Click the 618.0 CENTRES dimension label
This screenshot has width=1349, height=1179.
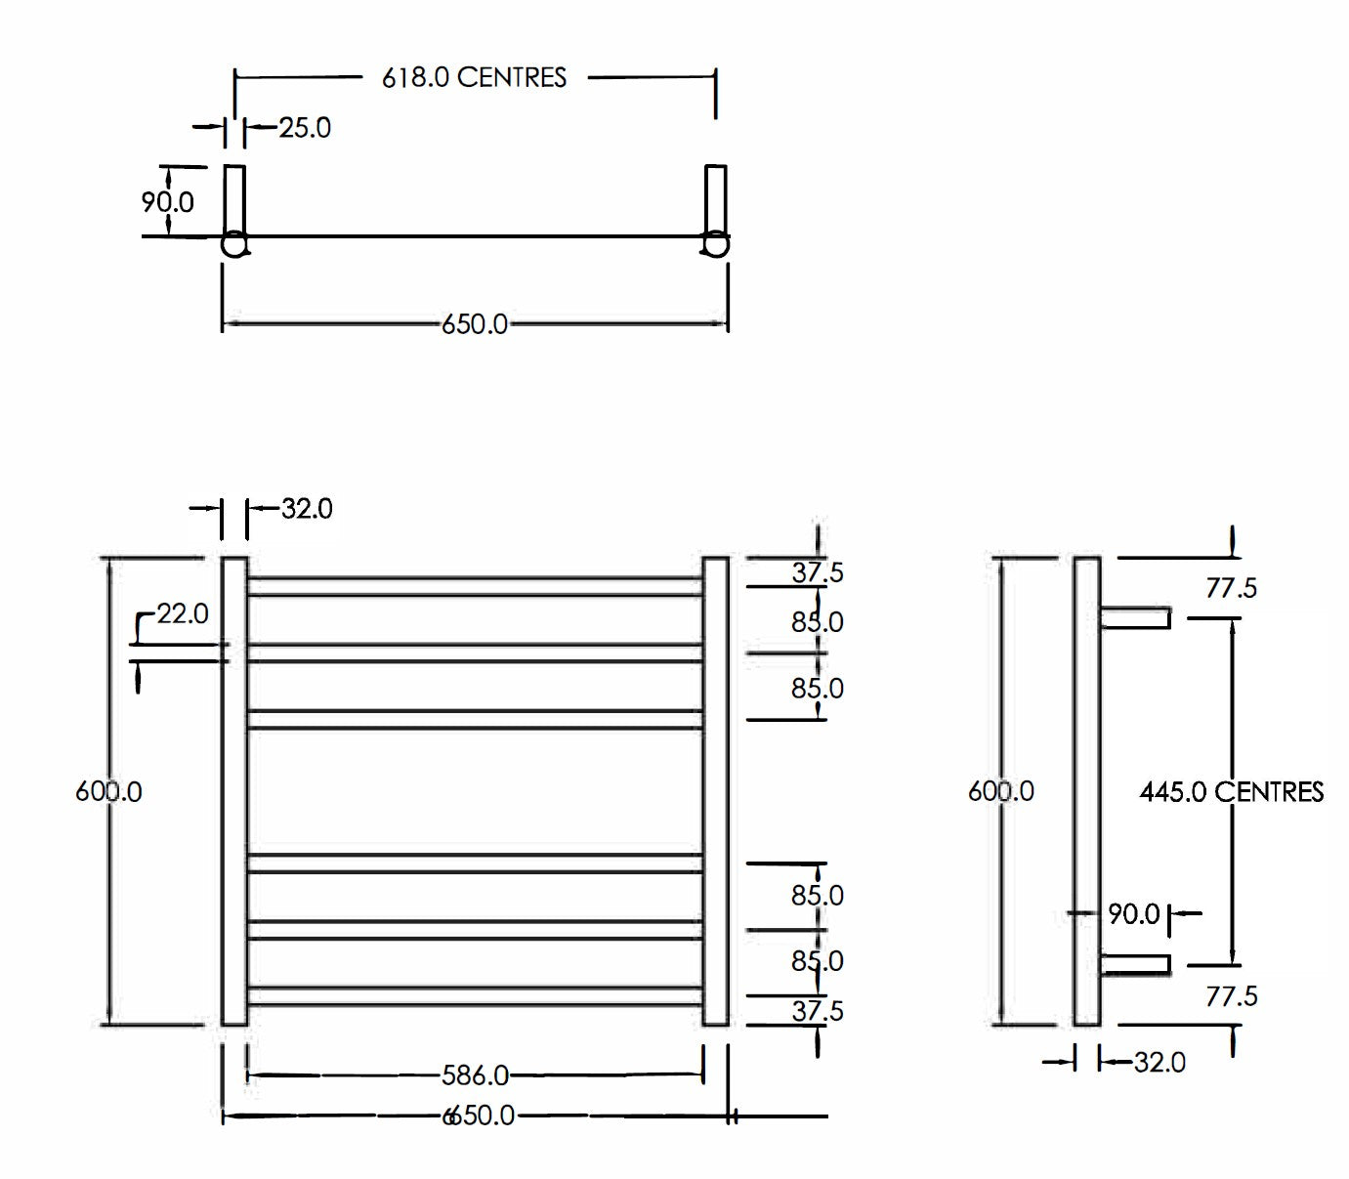474,77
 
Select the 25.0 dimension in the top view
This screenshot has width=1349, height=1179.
305,128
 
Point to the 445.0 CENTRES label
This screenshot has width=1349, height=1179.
1231,791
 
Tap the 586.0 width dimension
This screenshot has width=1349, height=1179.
475,1075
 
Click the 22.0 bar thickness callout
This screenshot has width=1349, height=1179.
183,613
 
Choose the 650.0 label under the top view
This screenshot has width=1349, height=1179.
475,324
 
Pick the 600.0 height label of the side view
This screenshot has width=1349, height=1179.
1000,791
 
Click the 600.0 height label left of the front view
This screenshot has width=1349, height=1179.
108,791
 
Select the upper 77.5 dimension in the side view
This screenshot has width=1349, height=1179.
1231,588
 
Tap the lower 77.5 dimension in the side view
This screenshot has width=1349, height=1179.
1231,996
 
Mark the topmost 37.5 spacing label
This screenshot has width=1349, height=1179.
817,572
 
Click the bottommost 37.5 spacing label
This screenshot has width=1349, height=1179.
817,1011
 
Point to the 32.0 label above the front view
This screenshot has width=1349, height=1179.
307,509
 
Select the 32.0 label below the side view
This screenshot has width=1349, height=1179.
1159,1062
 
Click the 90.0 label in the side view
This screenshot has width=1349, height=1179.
1133,914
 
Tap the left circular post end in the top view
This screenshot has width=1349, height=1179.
234,244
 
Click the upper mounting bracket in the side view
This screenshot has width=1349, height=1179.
1135,617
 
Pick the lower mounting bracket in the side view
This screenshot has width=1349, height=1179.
1135,965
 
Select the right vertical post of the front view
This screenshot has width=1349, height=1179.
715,791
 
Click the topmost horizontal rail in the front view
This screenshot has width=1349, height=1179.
475,586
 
